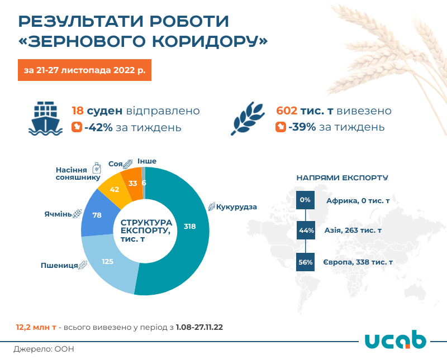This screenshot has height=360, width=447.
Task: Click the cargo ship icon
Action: (x=45, y=118)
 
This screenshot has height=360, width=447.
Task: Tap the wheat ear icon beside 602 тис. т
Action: (x=249, y=118)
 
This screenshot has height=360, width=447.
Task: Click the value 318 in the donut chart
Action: (x=189, y=226)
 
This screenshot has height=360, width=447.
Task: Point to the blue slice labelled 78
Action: (x=96, y=215)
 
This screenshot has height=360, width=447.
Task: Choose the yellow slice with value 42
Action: (x=114, y=189)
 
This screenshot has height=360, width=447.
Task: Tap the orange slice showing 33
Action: (x=133, y=183)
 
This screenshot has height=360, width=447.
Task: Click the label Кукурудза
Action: (x=236, y=207)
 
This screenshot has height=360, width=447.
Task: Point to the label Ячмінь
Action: (x=58, y=214)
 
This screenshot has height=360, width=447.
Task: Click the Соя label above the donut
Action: (x=116, y=163)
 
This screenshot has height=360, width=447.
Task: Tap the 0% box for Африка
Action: (x=305, y=200)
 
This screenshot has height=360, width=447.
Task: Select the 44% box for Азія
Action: (x=305, y=231)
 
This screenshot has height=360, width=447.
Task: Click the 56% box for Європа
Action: (x=305, y=261)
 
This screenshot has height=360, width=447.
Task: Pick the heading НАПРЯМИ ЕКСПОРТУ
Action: (x=342, y=177)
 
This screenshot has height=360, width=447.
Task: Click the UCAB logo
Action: (x=395, y=340)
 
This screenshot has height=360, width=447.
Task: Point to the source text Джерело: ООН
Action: (x=44, y=349)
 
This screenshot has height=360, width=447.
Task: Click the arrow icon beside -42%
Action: (x=77, y=127)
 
